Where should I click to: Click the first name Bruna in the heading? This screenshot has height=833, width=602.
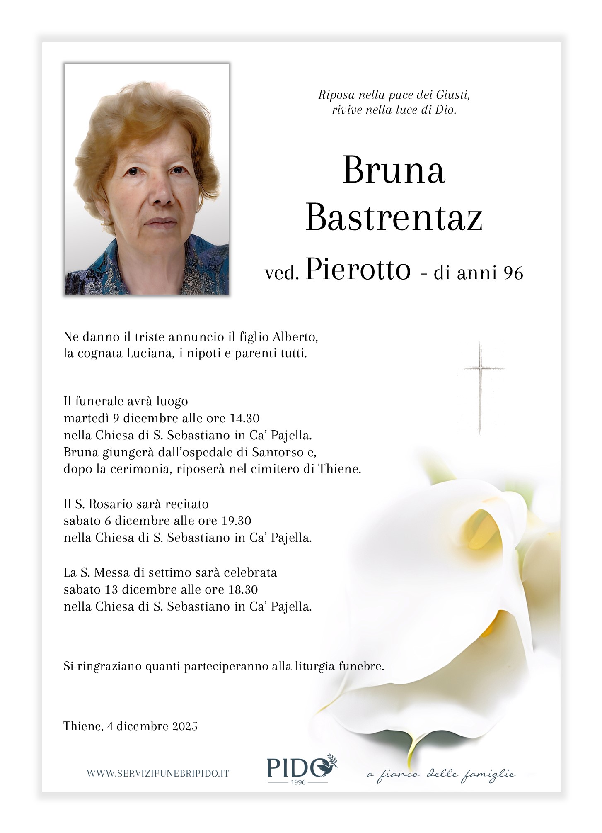tap(394, 170)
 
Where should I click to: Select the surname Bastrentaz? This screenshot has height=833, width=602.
tap(394, 218)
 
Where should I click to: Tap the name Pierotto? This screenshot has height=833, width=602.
tap(358, 270)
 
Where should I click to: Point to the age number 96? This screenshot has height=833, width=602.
tap(514, 273)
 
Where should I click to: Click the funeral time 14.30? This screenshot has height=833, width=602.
tap(244, 418)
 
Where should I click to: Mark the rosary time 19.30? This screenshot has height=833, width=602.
tap(236, 521)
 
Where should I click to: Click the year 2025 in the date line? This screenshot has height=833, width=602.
tap(185, 726)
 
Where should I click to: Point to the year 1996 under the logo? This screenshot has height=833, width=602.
tap(298, 782)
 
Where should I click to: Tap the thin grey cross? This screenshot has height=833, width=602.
tap(480, 386)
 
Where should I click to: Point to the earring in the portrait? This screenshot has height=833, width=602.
tap(104, 212)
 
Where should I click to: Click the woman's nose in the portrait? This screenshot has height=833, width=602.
tap(164, 195)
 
